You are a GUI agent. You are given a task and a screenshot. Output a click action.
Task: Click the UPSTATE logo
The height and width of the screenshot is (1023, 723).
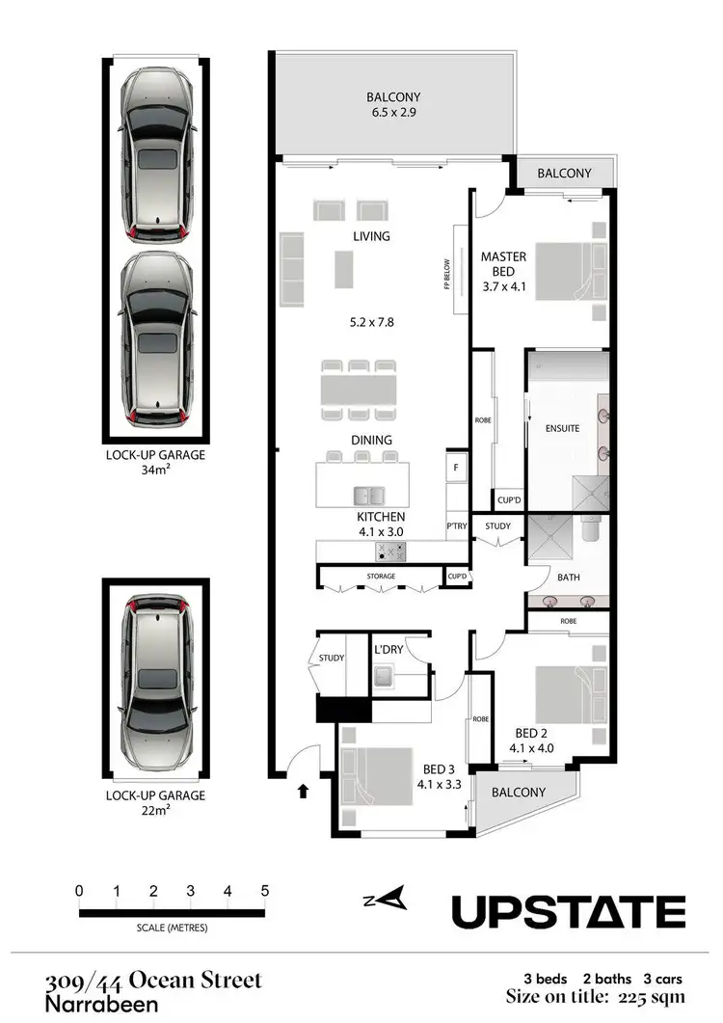(x=569, y=911)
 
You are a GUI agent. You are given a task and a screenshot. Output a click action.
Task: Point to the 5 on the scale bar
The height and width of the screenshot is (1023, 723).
(x=264, y=891)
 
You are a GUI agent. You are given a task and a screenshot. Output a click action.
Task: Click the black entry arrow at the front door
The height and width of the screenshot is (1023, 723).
(x=304, y=792)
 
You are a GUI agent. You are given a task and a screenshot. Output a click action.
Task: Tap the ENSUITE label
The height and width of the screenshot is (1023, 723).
(x=562, y=428)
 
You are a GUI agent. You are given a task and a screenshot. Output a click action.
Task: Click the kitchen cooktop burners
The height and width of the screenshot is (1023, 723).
(x=391, y=552)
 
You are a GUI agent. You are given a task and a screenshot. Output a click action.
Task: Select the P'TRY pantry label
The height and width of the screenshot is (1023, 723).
(x=456, y=526)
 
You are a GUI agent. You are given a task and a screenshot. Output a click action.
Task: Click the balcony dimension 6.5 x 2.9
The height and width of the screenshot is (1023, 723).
(x=393, y=112)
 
